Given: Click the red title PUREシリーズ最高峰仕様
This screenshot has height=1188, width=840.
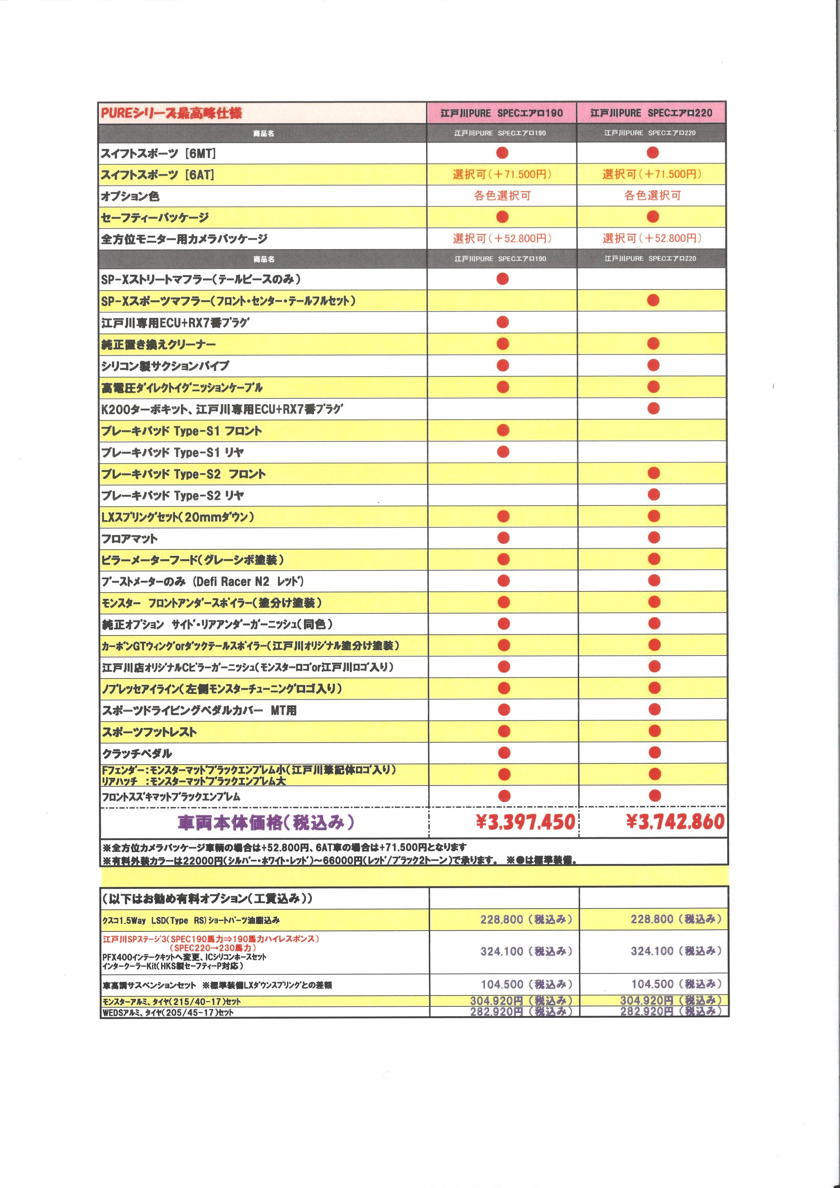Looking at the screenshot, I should pyautogui.click(x=171, y=113).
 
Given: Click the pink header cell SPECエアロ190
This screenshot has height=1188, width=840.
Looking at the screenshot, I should pyautogui.click(x=501, y=113).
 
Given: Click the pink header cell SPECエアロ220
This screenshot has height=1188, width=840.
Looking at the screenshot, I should pyautogui.click(x=651, y=113).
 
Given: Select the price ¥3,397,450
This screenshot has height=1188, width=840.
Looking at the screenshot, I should pyautogui.click(x=525, y=822).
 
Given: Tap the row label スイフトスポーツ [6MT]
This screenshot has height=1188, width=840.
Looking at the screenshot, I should pyautogui.click(x=158, y=154).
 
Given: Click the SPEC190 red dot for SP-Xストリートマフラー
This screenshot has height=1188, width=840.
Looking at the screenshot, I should pyautogui.click(x=502, y=279).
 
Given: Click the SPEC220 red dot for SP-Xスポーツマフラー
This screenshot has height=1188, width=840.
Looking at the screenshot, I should pyautogui.click(x=653, y=301).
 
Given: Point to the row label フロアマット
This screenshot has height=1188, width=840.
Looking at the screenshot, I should pyautogui.click(x=129, y=539).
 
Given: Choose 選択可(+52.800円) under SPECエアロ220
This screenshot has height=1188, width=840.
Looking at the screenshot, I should pyautogui.click(x=652, y=239).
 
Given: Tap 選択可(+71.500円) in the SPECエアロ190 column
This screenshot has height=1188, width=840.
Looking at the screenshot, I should pyautogui.click(x=502, y=174).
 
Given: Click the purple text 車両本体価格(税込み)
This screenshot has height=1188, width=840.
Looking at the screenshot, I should pyautogui.click(x=265, y=822).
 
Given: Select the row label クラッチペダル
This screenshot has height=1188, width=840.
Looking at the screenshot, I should pyautogui.click(x=136, y=753).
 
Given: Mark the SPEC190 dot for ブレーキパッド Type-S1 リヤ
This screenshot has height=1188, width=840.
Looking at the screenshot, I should pyautogui.click(x=503, y=452).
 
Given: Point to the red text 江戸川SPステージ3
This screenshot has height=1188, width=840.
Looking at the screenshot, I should pyautogui.click(x=210, y=939).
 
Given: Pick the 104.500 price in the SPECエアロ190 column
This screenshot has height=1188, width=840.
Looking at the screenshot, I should pyautogui.click(x=526, y=984).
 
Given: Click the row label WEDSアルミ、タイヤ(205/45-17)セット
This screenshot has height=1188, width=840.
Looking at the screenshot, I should pyautogui.click(x=168, y=1013).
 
